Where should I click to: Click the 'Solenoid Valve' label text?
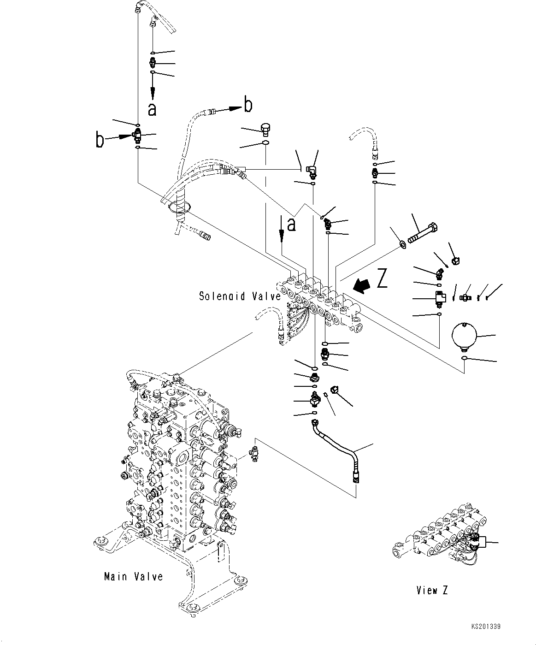pyautogui.click(x=240, y=296)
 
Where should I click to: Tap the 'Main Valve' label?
pyautogui.click(x=133, y=576)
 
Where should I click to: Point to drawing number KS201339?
pyautogui.click(x=486, y=627)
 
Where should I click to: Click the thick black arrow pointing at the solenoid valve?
pyautogui.click(x=361, y=286)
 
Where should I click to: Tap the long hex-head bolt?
pyautogui.click(x=422, y=233)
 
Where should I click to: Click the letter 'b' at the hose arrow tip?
pyautogui.click(x=248, y=105)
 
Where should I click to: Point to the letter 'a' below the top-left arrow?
pyautogui.click(x=152, y=109)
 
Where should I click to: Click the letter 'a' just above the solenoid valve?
pyautogui.click(x=291, y=224)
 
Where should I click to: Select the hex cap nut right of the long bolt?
pyautogui.click(x=455, y=261)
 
